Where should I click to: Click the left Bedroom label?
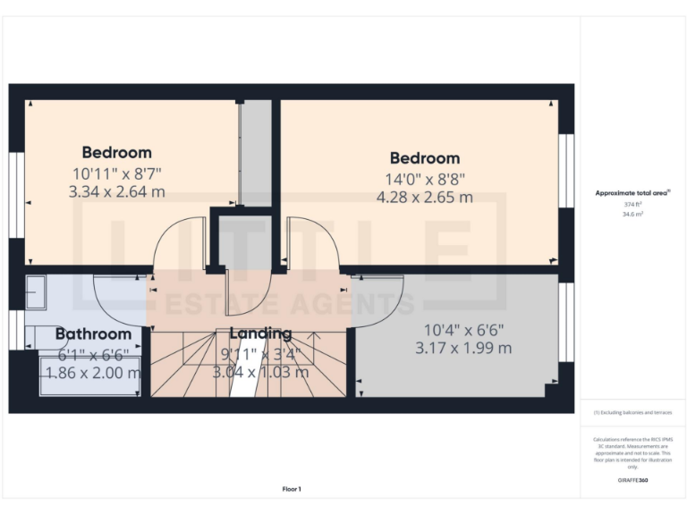pos(117,152)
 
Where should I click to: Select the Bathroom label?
pos(93,334)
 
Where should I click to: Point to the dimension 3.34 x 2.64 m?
pos(116,191)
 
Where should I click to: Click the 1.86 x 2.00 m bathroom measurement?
pos(93,373)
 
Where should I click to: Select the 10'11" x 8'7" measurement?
pos(117,173)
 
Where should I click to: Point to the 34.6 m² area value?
pos(632,214)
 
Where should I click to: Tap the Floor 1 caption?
pos(292,489)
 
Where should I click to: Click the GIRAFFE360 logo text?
pos(632,481)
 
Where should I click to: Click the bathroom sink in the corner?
pos(38,291)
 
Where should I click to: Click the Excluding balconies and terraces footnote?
pos(632,412)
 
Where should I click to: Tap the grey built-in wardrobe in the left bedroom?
pos(256,152)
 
